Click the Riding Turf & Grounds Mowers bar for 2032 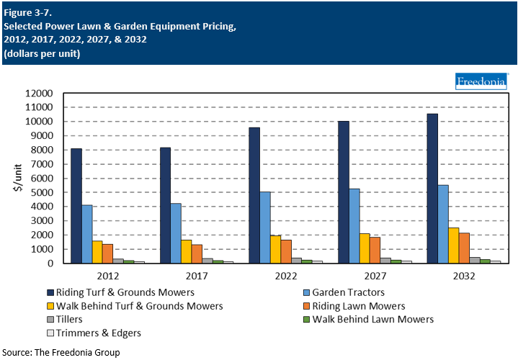pos(432,189)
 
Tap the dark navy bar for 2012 pos(76,206)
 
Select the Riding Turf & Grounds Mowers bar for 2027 pos(343,192)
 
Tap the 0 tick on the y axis pos(50,264)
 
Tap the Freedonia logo pos(482,81)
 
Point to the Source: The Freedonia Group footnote pos(61,353)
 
